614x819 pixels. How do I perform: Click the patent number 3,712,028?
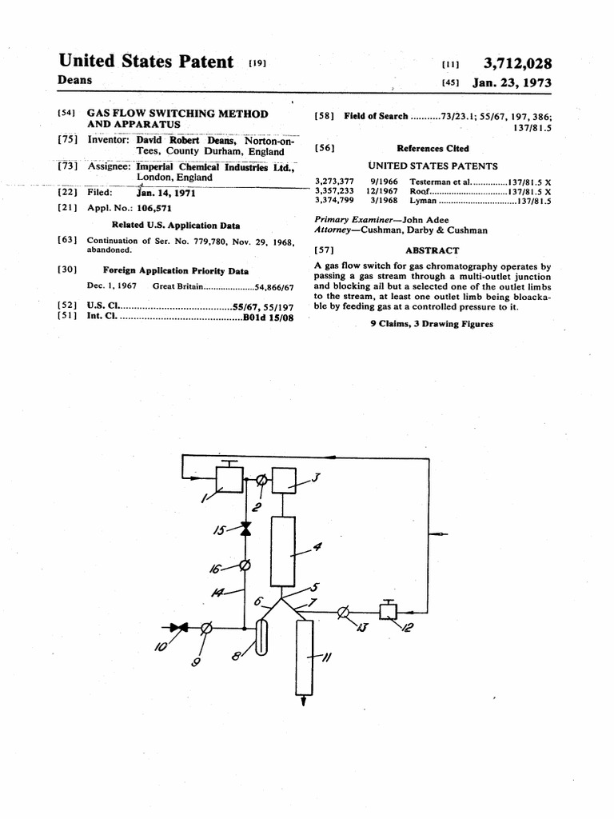tap(518, 64)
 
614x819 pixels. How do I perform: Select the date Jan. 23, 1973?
tap(512, 82)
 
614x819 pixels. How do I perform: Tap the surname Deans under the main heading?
tap(75, 80)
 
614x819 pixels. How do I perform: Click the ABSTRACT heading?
tap(432, 250)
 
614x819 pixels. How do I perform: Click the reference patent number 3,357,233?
tap(334, 192)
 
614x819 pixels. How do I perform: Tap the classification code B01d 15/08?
tap(269, 318)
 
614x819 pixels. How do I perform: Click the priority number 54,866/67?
tap(274, 286)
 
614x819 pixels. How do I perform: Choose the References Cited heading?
tap(433, 148)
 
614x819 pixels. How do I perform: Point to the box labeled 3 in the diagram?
tap(284, 481)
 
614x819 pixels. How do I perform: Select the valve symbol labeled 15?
tap(245, 529)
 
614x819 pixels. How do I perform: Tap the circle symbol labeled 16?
tap(245, 566)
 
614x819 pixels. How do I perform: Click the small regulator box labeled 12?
tap(389, 612)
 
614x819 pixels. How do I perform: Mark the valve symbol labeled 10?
tap(180, 628)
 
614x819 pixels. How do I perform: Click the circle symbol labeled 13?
tap(343, 613)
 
